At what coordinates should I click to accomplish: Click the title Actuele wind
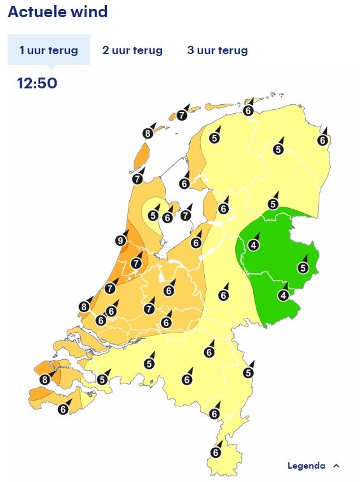58,12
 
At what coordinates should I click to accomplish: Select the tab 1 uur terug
48,50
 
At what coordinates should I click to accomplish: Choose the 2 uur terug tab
132,50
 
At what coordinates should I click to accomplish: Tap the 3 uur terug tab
218,50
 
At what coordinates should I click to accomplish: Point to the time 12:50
37,83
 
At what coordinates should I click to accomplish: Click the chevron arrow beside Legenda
336,466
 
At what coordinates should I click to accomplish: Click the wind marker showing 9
121,240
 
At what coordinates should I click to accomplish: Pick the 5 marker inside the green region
303,268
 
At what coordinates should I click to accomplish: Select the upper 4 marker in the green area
254,245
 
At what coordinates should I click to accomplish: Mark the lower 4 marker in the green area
283,295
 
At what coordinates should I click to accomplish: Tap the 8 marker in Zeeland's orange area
44,380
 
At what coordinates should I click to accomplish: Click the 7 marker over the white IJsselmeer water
185,216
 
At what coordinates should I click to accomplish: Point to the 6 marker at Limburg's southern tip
215,452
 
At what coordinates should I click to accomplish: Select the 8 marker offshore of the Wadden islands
148,133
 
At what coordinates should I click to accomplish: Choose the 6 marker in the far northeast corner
322,141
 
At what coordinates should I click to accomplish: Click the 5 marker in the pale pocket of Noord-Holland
153,216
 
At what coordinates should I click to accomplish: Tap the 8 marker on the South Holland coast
84,306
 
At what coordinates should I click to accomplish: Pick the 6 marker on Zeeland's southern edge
63,410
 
